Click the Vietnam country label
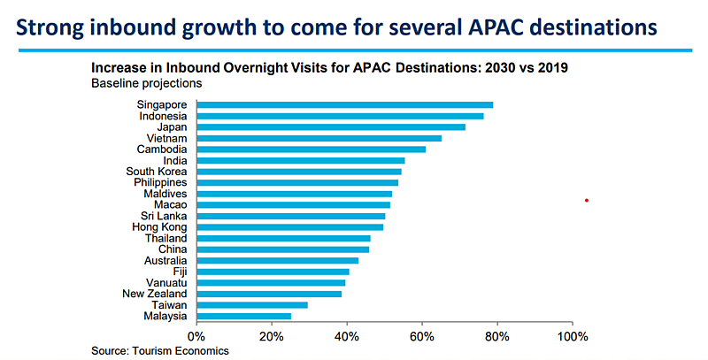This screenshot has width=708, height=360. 168,138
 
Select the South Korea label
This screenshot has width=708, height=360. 157,172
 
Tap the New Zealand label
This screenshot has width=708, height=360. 155,294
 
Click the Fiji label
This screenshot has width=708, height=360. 179,272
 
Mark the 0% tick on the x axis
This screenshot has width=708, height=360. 196,336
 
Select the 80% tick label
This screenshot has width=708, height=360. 498,336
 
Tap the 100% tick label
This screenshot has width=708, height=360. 573,336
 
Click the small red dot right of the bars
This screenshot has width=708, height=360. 587,200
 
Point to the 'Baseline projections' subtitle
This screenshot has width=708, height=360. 147,84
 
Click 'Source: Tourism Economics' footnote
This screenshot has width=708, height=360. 160,351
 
